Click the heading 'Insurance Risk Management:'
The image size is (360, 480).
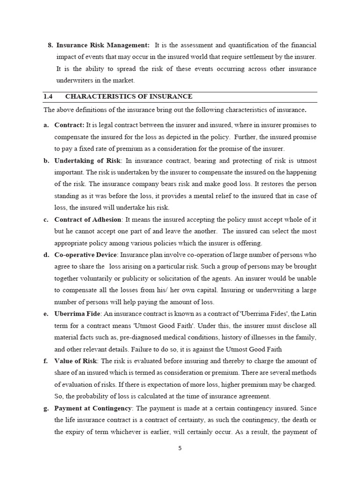103,45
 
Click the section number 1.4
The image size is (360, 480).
48,97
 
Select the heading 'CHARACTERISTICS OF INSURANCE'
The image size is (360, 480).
128,97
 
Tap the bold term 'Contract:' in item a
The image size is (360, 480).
69,125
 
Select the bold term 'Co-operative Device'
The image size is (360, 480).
86,255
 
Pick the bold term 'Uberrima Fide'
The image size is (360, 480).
77,314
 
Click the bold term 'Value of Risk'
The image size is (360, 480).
75,361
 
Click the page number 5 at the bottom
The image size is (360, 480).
180,448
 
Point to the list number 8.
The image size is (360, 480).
50,45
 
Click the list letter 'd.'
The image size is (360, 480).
46,255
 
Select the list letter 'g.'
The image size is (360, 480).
46,408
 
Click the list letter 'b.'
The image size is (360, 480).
46,161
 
